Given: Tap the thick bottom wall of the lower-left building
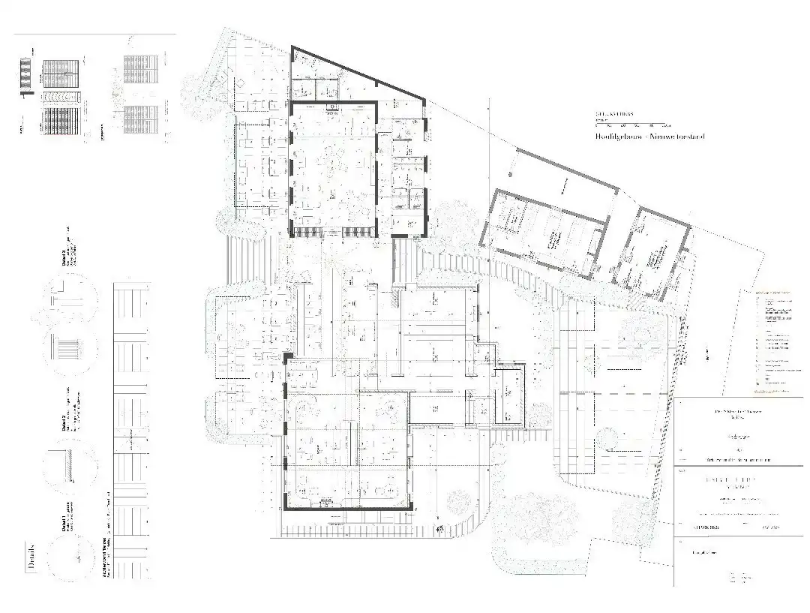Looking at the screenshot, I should [x=349, y=509].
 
